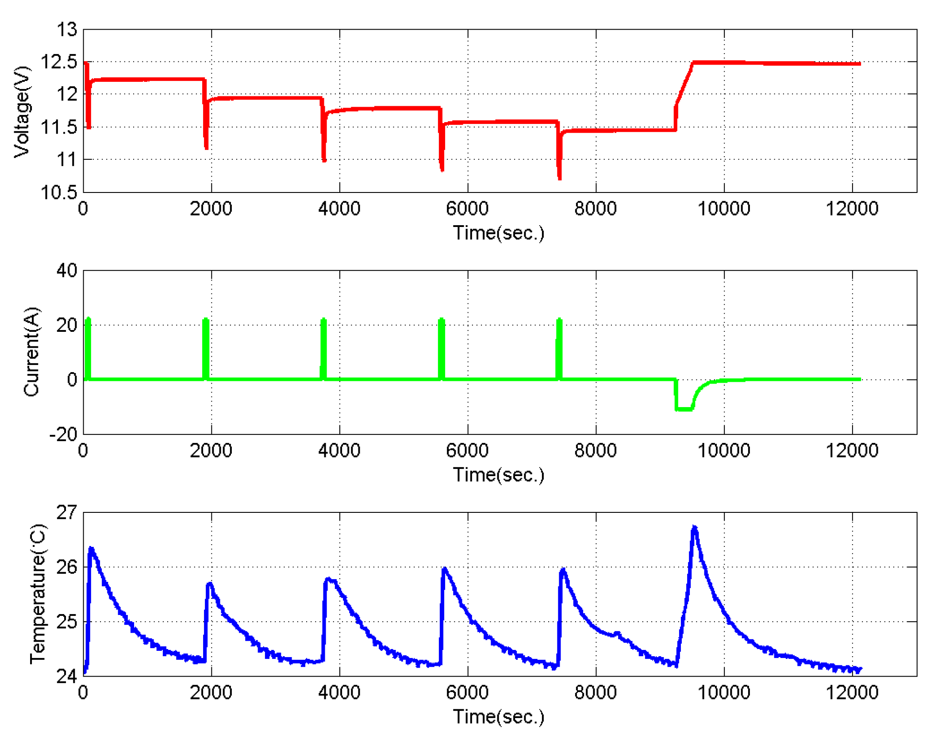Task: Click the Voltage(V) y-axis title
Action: pyautogui.click(x=22, y=112)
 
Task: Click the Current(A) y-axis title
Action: pyautogui.click(x=32, y=352)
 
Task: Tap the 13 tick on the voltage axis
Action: pyautogui.click(x=67, y=30)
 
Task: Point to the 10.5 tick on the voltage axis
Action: pyautogui.click(x=59, y=192)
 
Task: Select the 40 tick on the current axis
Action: pyautogui.click(x=67, y=270)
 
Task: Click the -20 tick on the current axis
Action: pyautogui.click(x=64, y=434)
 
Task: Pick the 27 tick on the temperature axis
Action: pyautogui.click(x=67, y=512)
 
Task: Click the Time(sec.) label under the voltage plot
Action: pyautogui.click(x=498, y=233)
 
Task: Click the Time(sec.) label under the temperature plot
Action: pyautogui.click(x=498, y=716)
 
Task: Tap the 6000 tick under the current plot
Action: pyautogui.click(x=467, y=450)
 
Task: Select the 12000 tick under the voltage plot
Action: pyautogui.click(x=852, y=208)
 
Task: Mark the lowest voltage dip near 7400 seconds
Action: pyautogui.click(x=560, y=178)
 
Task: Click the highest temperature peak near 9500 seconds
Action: pyautogui.click(x=694, y=527)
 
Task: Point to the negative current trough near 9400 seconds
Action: pyautogui.click(x=684, y=409)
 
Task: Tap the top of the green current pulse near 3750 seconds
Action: pyautogui.click(x=324, y=319)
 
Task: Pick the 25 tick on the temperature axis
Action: pyautogui.click(x=67, y=622)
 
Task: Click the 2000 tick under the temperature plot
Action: pyautogui.click(x=211, y=692)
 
